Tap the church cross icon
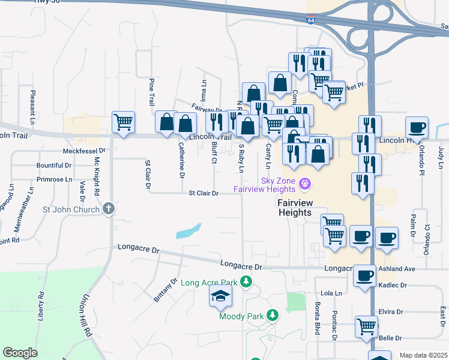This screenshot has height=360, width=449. tap(108, 209)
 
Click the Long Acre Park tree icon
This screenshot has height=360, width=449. tap(245, 281)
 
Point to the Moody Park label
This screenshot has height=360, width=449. tap(240, 316)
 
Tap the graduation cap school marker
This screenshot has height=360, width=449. tap(220, 295)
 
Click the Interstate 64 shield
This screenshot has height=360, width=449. tap(310, 20)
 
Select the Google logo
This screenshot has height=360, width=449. tap(20, 353)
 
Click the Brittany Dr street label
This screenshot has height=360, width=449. tap(166, 290)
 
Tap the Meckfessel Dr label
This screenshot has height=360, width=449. tap(83, 152)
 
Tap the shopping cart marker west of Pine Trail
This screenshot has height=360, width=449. tap(123, 122)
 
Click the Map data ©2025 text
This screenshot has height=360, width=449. tap(423, 355)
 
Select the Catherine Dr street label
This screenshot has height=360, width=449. tap(181, 160)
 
